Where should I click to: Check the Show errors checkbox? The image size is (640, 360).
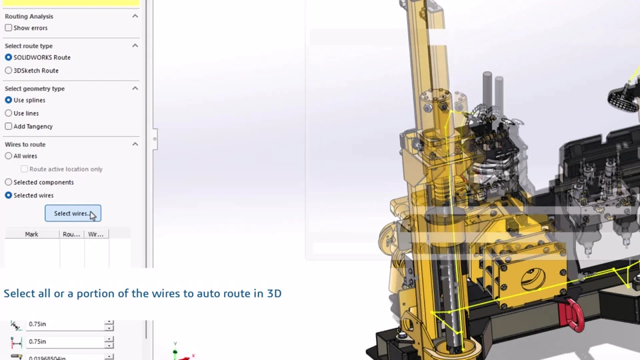tap(9, 28)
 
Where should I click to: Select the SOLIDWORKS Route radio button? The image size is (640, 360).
tap(9, 57)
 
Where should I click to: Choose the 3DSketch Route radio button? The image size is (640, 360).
tap(9, 70)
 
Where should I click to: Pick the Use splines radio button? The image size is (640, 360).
tap(9, 100)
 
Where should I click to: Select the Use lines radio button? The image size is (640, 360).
tap(9, 113)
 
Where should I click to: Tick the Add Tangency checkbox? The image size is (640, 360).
tap(9, 126)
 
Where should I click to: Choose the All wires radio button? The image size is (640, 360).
tap(9, 156)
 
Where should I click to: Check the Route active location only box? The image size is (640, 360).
tap(25, 169)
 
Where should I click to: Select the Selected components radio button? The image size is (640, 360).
tap(9, 182)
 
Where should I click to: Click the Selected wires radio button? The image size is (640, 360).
tap(9, 195)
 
